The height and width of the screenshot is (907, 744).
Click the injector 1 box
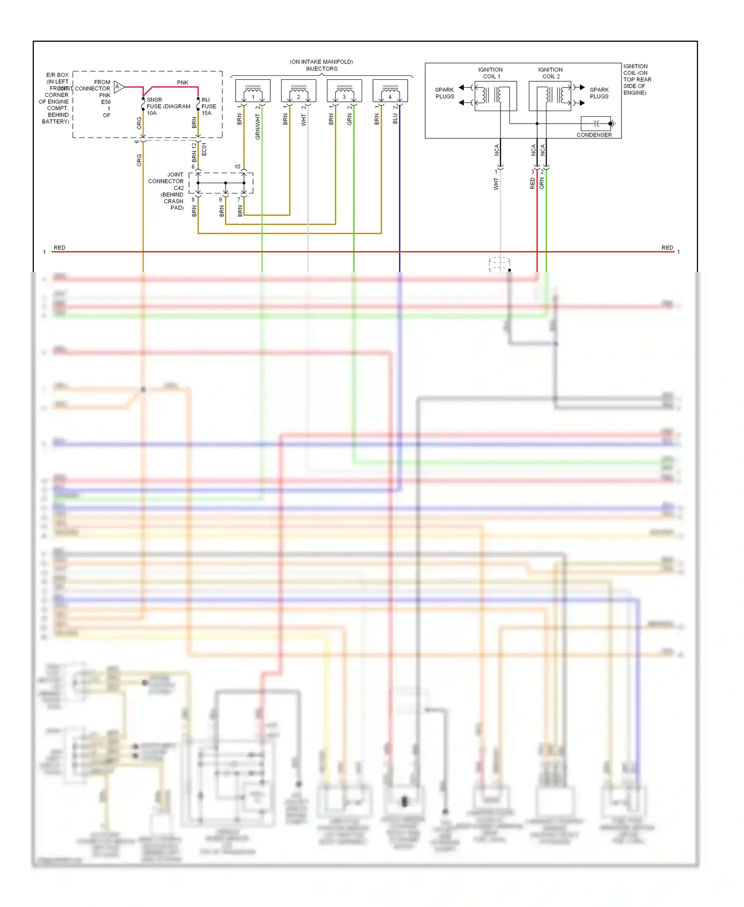(x=252, y=91)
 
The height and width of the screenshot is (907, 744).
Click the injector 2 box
(x=299, y=91)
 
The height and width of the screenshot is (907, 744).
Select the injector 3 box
(x=344, y=91)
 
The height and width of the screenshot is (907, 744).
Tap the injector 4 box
(x=390, y=91)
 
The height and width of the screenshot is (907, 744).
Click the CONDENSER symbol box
(x=597, y=124)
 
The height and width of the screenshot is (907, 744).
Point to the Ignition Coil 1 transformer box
(x=496, y=96)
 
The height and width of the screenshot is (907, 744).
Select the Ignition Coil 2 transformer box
(x=550, y=96)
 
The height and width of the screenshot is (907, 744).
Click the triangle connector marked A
(x=119, y=87)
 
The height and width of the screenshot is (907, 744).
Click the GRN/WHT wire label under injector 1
(x=258, y=126)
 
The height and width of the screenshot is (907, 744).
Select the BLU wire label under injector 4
(x=395, y=119)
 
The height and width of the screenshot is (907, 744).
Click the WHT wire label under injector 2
(x=304, y=120)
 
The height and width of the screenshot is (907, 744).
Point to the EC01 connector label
(x=204, y=149)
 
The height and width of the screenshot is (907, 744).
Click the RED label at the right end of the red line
(x=667, y=248)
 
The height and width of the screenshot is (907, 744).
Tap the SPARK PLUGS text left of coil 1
(x=444, y=93)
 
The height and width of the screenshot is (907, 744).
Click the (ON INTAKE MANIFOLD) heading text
(x=321, y=62)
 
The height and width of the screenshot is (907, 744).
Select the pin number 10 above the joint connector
(x=237, y=167)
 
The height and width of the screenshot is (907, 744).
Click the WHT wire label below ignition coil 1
(x=496, y=184)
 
